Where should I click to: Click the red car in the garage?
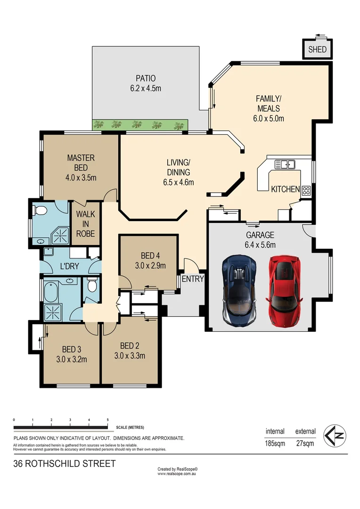[284, 291]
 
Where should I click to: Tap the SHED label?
[317, 49]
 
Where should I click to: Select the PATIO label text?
[146, 78]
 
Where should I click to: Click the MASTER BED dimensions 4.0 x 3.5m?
[81, 178]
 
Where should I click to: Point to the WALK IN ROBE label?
[85, 224]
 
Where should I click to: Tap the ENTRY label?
[193, 279]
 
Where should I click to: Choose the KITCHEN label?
[285, 189]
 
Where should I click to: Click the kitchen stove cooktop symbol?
[306, 190]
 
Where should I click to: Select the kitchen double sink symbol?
[285, 164]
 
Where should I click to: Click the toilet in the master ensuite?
[39, 211]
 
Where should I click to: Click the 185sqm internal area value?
[275, 443]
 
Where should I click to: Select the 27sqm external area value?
[305, 443]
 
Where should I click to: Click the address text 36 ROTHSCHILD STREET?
[64, 464]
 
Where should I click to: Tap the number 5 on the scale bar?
[108, 419]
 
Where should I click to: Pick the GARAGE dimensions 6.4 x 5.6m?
[260, 244]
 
